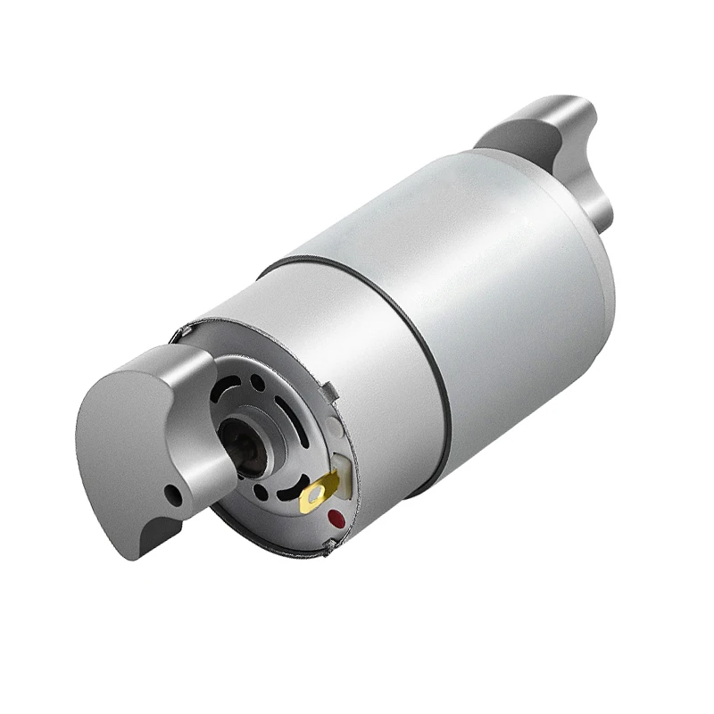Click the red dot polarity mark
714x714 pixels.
tap(336, 518)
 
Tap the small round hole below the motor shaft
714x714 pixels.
tap(260, 491)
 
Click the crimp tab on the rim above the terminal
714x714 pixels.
tap(328, 391)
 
